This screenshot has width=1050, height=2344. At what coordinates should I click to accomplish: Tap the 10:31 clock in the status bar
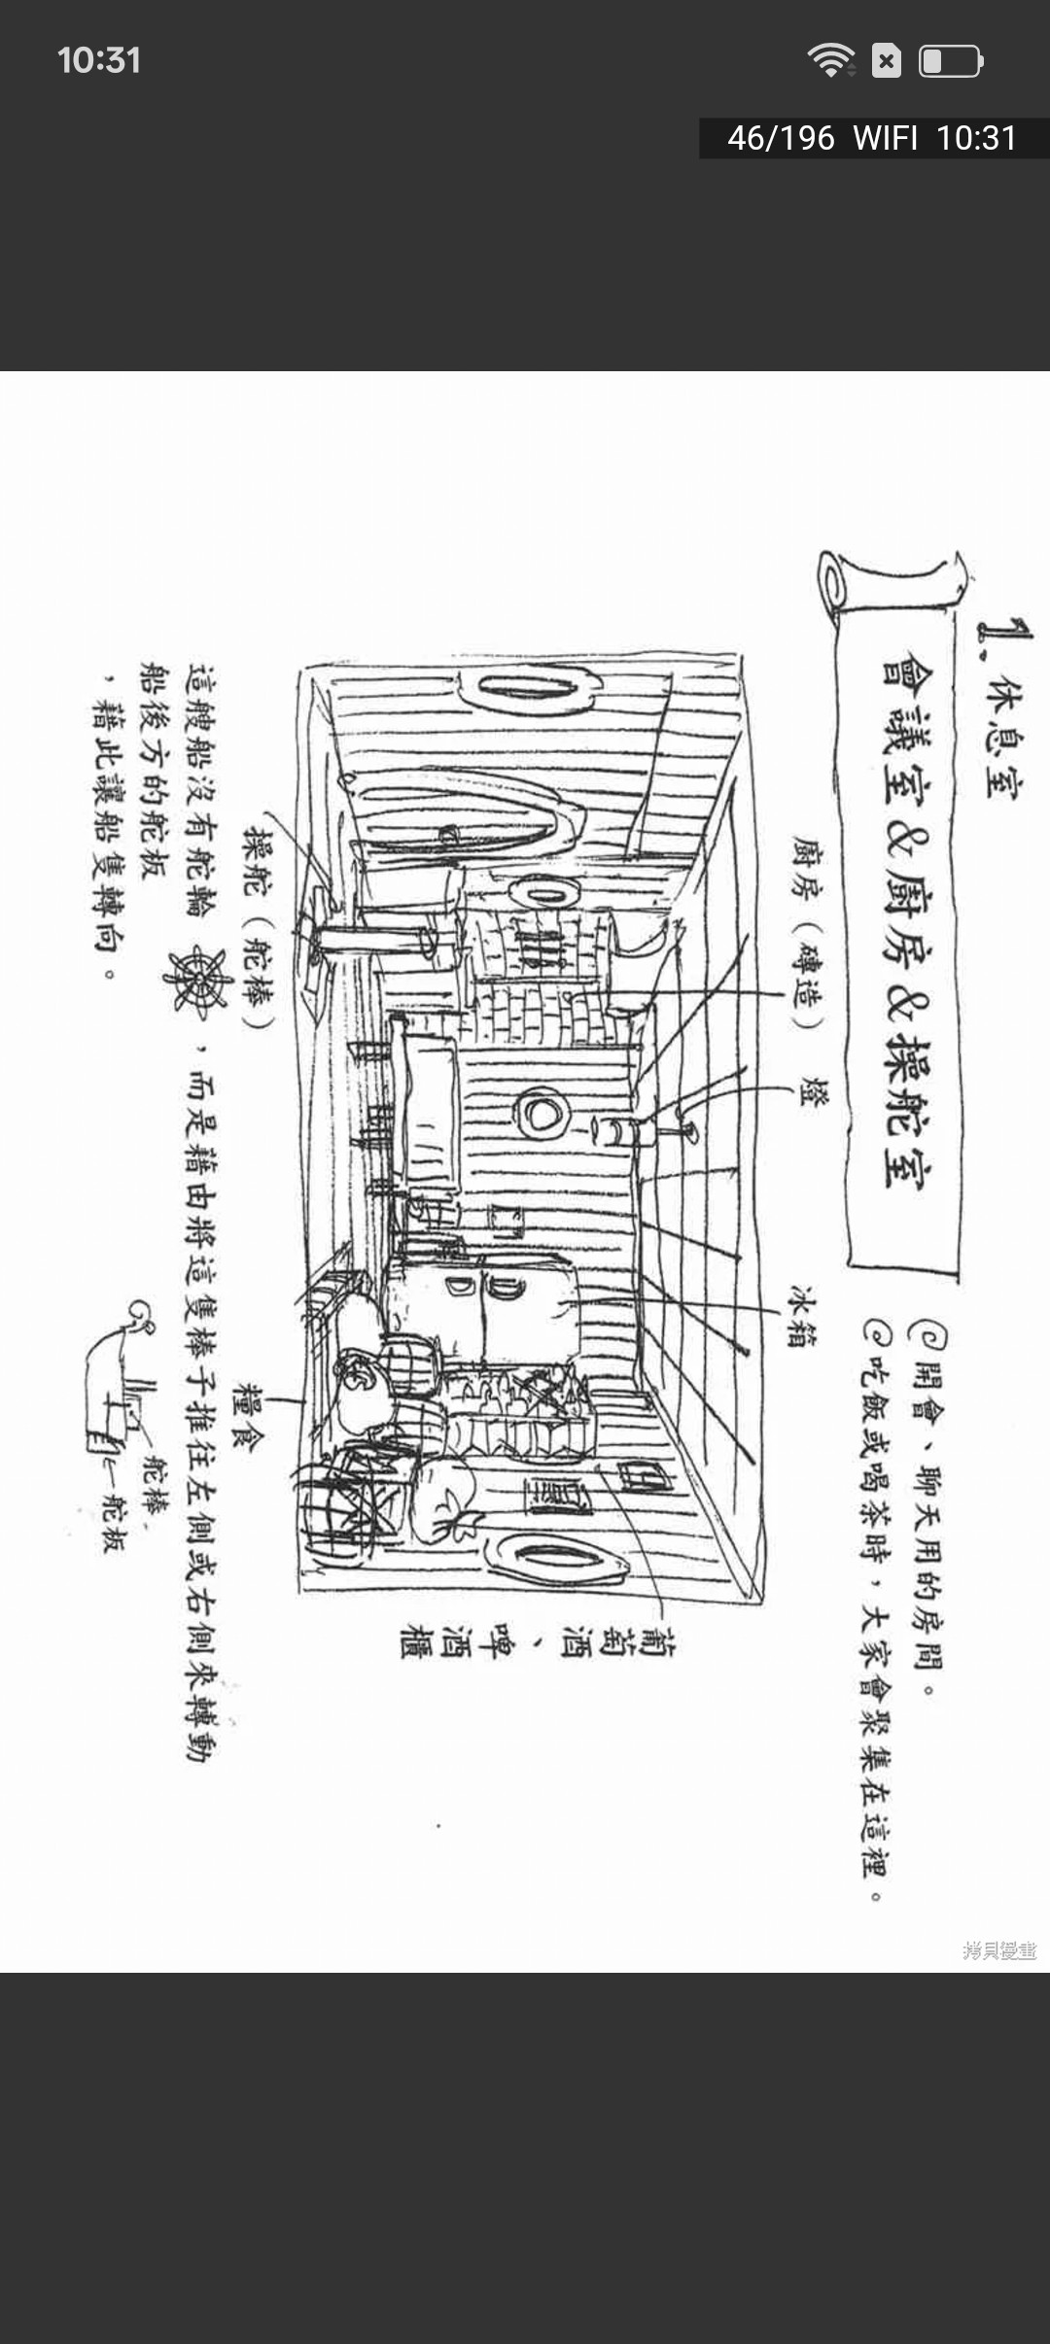click(99, 60)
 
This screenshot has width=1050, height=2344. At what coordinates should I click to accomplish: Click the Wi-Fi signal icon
click(830, 60)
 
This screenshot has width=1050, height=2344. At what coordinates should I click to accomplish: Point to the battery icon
click(951, 61)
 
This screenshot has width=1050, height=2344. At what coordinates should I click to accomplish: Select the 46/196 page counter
click(781, 139)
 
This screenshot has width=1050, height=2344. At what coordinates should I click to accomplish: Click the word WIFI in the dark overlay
click(885, 139)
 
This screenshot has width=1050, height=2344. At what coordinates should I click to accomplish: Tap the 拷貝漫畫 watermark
click(999, 1949)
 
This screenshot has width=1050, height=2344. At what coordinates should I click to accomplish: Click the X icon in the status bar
click(886, 61)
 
